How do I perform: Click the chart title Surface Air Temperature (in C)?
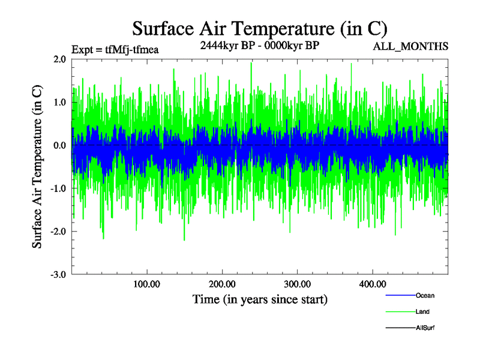click(x=260, y=28)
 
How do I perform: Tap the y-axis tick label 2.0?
click(x=59, y=59)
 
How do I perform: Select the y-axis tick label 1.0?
click(x=59, y=103)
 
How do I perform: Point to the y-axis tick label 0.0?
click(x=59, y=146)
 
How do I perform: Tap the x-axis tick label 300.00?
click(x=297, y=284)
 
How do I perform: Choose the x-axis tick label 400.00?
click(x=372, y=284)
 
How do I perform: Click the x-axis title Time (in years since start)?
click(x=260, y=299)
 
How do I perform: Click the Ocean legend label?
click(x=425, y=295)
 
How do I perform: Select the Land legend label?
click(x=422, y=311)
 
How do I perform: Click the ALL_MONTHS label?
click(x=411, y=47)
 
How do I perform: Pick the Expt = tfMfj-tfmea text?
click(x=115, y=49)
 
